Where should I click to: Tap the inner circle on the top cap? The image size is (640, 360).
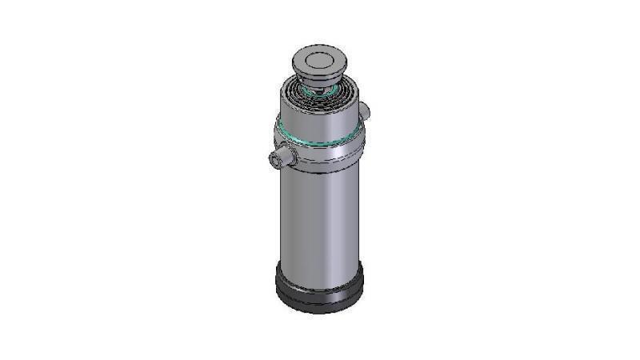pyautogui.click(x=318, y=59)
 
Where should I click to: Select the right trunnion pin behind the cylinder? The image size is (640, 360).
pyautogui.click(x=364, y=109)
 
